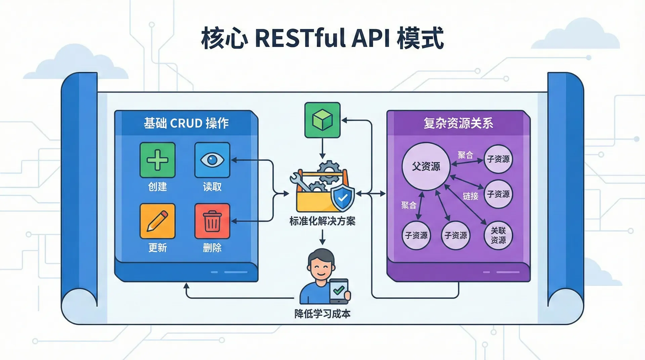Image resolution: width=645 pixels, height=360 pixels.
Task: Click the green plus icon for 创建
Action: [x=157, y=160]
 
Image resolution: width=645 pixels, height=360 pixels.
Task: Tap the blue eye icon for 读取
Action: [x=212, y=160]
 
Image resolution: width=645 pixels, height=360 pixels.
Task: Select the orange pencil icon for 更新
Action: [x=157, y=221]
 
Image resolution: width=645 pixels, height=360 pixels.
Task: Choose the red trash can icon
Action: [x=212, y=221]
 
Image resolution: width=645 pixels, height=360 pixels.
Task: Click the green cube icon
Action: [x=322, y=120]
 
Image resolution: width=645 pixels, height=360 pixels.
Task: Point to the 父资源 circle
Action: [x=426, y=166]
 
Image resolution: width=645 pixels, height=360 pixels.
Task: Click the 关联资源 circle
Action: [x=498, y=235]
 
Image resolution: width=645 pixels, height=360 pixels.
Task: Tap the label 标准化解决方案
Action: [x=322, y=221]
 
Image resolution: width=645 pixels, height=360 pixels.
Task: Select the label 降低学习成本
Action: [x=322, y=314]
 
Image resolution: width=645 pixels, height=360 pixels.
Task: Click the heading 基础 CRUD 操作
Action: [x=186, y=123]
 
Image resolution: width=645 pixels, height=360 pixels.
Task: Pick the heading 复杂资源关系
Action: [x=458, y=123]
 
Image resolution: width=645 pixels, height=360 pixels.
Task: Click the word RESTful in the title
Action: [x=300, y=38]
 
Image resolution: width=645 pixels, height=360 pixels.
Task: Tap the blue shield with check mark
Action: [x=343, y=198]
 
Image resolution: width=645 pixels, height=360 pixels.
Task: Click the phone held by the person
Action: [x=339, y=290]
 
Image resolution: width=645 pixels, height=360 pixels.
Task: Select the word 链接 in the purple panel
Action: [x=470, y=196]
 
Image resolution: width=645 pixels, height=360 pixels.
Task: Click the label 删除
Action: [x=212, y=248]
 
